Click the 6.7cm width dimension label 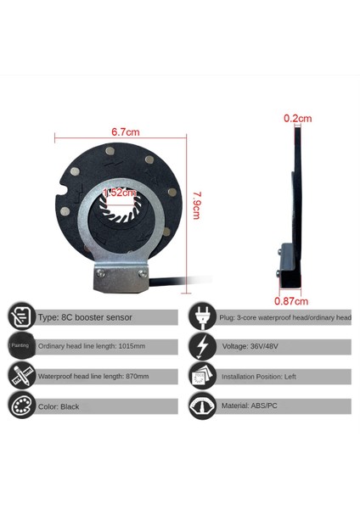pyautogui.click(x=126, y=131)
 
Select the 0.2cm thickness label pyautogui.click(x=296, y=118)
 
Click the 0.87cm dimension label pyautogui.click(x=291, y=300)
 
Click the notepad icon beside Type pyautogui.click(x=22, y=316)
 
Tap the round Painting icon pyautogui.click(x=20, y=346)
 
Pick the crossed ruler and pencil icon pyautogui.click(x=22, y=376)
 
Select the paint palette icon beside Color pyautogui.click(x=22, y=406)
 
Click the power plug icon pyautogui.click(x=201, y=316)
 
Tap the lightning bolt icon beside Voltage pyautogui.click(x=201, y=346)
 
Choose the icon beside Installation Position pyautogui.click(x=201, y=376)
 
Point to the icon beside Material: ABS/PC pyautogui.click(x=201, y=406)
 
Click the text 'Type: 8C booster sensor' pyautogui.click(x=85, y=317)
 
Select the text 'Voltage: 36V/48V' pyautogui.click(x=250, y=347)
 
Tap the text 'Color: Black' pyautogui.click(x=59, y=406)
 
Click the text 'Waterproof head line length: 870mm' pyautogui.click(x=93, y=377)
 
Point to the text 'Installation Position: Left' pyautogui.click(x=264, y=377)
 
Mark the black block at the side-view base pyautogui.click(x=290, y=271)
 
